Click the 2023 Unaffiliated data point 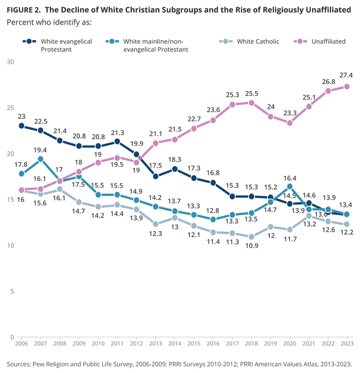347,86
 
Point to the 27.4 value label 347,75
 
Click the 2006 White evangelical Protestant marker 22,126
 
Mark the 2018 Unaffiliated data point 251,103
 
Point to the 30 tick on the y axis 10,62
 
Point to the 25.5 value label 251,92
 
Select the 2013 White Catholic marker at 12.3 155,224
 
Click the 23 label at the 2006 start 22,116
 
